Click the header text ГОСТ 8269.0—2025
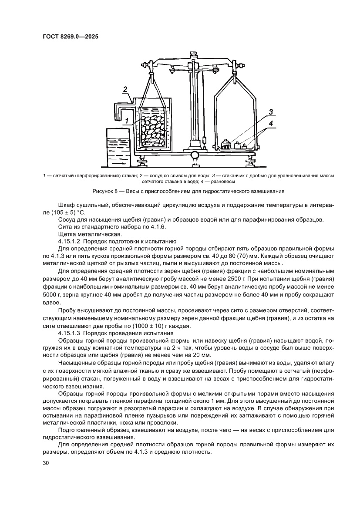[x=70, y=37]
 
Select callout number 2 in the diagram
[x=124, y=90]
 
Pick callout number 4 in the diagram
[x=271, y=124]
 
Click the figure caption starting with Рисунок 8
[x=188, y=191]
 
